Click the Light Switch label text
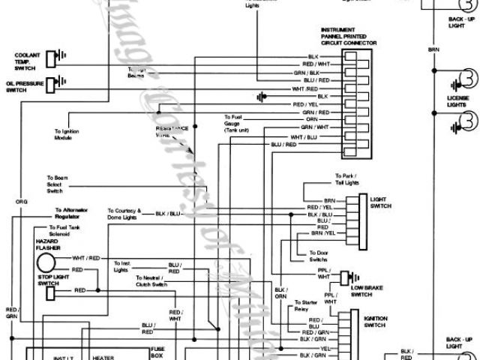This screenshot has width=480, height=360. (x=381, y=202)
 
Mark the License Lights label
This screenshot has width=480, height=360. (x=457, y=101)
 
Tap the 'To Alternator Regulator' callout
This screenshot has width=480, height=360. (x=71, y=214)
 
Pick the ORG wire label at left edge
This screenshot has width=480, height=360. (x=20, y=202)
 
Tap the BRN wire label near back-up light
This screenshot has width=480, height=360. (x=433, y=49)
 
